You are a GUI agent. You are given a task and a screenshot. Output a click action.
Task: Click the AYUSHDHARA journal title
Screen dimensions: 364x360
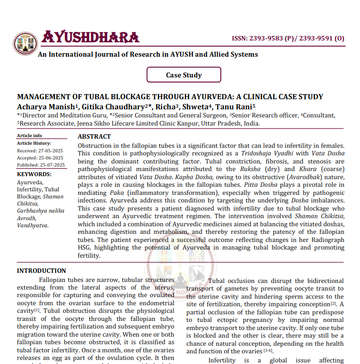pyautogui.click(x=90, y=37)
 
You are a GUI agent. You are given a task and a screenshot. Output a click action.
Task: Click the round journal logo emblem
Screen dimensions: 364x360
pyautogui.click(x=25, y=43)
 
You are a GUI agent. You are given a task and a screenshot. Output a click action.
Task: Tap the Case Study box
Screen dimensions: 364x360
pyautogui.click(x=184, y=75)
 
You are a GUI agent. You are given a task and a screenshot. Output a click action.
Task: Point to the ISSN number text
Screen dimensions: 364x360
pyautogui.click(x=288, y=38)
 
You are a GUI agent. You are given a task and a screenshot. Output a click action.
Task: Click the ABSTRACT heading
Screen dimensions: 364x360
pyautogui.click(x=94, y=137)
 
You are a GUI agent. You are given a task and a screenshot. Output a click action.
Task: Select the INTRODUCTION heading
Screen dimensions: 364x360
pyautogui.click(x=42, y=271)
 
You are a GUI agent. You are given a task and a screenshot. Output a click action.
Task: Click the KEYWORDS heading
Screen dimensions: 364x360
pyautogui.click(x=34, y=174)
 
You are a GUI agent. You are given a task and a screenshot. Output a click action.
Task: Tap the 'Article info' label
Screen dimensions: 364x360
pyautogui.click(x=29, y=136)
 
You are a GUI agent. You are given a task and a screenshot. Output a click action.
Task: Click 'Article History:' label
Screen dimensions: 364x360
pyautogui.click(x=34, y=143)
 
